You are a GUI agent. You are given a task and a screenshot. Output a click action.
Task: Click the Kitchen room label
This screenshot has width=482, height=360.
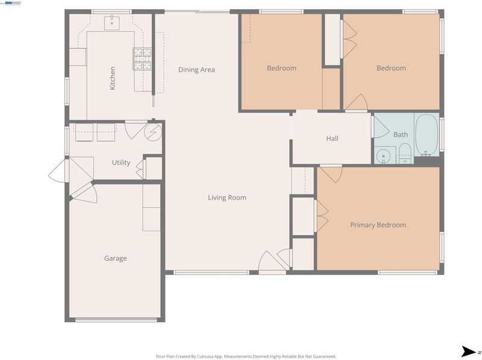point(113,78)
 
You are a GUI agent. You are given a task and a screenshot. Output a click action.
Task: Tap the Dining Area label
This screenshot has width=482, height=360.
point(196,70)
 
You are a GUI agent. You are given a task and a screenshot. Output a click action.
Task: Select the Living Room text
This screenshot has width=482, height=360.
point(227,197)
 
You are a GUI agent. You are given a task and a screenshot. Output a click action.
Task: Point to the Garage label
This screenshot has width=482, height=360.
point(115,258)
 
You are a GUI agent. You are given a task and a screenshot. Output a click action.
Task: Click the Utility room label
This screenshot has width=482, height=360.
point(121,163)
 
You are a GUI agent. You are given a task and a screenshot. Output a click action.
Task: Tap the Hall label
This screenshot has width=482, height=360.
point(333,138)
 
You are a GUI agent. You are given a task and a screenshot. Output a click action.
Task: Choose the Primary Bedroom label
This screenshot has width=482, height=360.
point(378,225)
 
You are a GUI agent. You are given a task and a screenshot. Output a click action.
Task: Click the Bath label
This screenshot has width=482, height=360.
point(401,134)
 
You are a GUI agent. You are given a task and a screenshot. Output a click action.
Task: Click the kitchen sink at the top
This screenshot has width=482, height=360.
point(112,22)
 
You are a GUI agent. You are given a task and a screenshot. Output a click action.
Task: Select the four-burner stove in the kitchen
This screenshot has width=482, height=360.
point(142,58)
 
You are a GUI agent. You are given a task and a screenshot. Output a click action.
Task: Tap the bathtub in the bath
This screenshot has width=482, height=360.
point(426,135)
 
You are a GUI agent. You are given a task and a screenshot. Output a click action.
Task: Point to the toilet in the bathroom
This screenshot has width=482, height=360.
point(405,153)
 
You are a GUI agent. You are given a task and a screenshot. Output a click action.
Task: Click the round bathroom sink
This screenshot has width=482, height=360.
point(383,155)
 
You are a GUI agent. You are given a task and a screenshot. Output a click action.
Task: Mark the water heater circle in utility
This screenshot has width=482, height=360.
point(153,132)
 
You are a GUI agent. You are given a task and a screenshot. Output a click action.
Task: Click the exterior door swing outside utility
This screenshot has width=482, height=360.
point(58,171)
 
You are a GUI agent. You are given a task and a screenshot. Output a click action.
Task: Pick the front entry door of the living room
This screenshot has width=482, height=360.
point(272,262)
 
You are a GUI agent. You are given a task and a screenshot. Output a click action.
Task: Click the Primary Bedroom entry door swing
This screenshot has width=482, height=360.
point(331,174)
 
